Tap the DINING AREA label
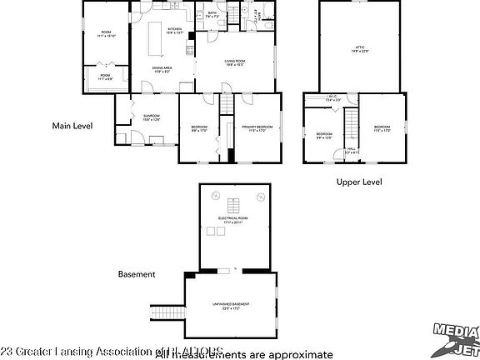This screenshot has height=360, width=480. coord(162,69)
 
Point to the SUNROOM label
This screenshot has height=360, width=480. coord(151,117)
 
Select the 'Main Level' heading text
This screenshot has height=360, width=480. coord(72,126)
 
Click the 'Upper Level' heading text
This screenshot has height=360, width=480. coord(359,181)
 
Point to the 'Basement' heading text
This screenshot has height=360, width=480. coord(137,273)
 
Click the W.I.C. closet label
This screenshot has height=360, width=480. coord(331,98)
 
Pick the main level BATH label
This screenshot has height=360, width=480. coord(212,14)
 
